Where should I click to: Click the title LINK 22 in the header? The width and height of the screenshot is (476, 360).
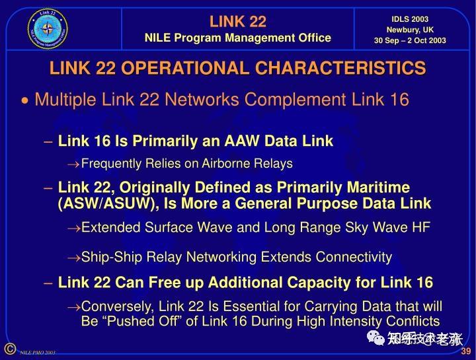pyautogui.click(x=238, y=21)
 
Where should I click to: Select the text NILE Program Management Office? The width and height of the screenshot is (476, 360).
pyautogui.click(x=238, y=38)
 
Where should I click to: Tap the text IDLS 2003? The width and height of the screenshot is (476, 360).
pyautogui.click(x=410, y=18)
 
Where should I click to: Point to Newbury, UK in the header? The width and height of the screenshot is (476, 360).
pyautogui.click(x=410, y=30)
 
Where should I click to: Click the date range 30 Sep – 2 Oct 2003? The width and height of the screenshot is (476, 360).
pyautogui.click(x=410, y=41)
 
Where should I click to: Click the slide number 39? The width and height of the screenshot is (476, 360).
pyautogui.click(x=465, y=350)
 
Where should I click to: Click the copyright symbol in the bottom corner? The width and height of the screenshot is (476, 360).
pyautogui.click(x=9, y=349)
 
